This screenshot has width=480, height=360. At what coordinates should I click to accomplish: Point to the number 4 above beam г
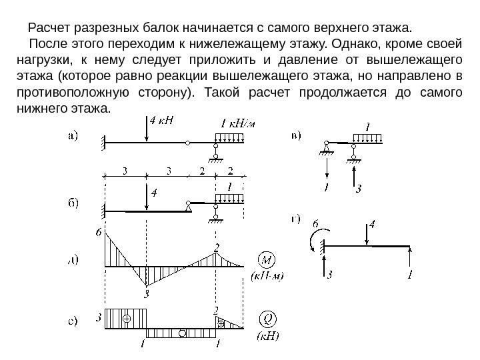pyautogui.click(x=372, y=225)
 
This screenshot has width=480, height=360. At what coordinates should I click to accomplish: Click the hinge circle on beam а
pyautogui.click(x=189, y=143)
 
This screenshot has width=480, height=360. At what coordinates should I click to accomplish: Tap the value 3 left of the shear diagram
pyautogui.click(x=99, y=318)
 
